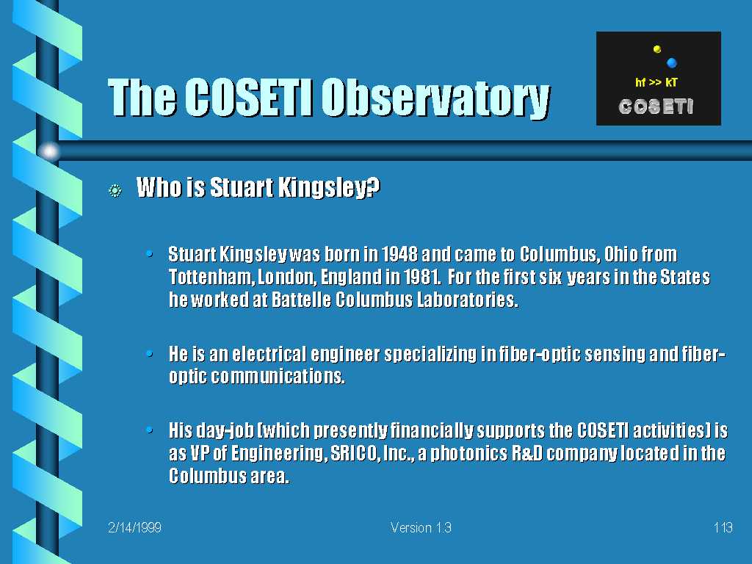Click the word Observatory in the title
[435, 98]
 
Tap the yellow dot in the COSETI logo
[657, 48]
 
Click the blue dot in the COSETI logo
[671, 62]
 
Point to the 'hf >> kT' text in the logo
[656, 82]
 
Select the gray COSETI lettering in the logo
[656, 106]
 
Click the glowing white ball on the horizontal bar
[49, 151]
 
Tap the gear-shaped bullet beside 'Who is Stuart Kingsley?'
[115, 191]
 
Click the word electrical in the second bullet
[269, 354]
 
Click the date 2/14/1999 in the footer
[135, 527]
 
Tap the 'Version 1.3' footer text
[421, 527]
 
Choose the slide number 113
[723, 527]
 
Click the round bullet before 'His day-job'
[150, 430]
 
